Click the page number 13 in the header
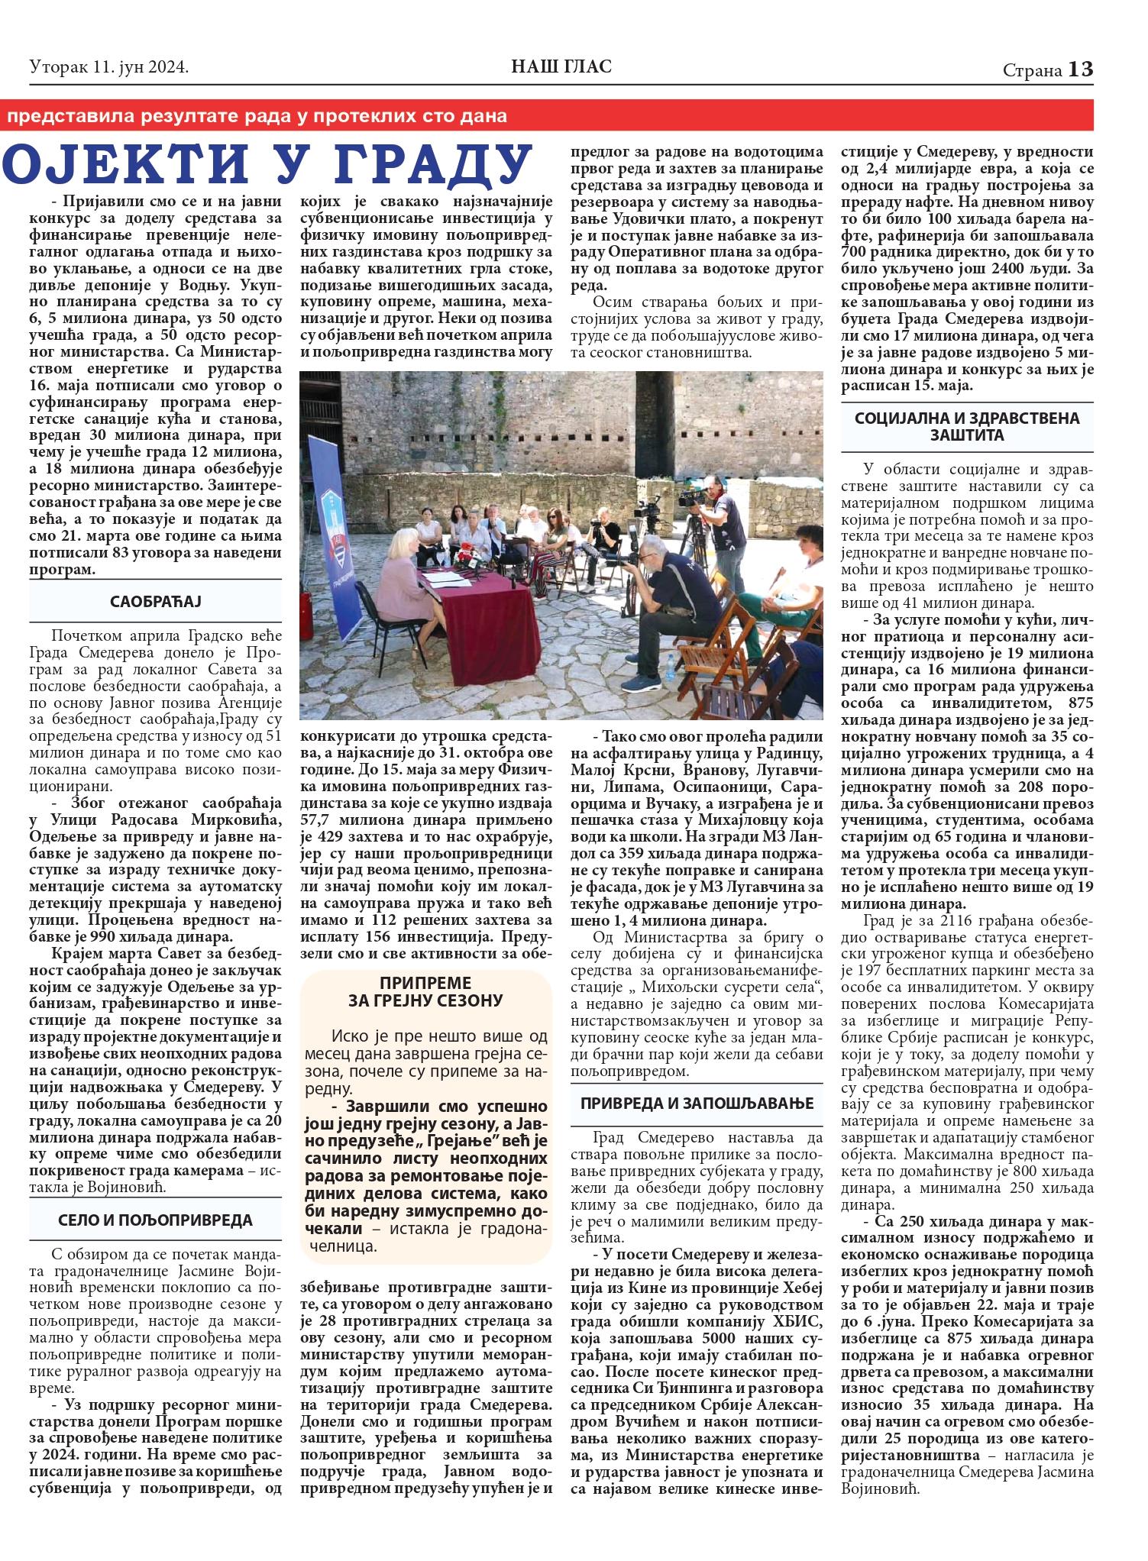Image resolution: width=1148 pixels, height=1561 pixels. pos(1081,69)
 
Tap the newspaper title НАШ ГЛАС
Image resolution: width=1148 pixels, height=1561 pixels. pos(561,67)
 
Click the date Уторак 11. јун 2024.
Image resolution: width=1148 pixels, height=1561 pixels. pos(108,67)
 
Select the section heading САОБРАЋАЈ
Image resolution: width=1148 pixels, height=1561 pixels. pos(155,601)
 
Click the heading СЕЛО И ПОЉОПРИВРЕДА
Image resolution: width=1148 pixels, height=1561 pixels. pos(155,1220)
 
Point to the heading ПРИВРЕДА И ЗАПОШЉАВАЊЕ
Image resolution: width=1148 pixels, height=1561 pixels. pos(697,1103)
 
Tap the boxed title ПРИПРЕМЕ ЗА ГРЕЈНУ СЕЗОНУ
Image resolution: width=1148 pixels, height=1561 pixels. pos(425,991)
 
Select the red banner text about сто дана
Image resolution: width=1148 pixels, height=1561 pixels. pos(257,116)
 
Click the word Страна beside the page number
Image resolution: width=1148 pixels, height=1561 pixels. pos(1032,70)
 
